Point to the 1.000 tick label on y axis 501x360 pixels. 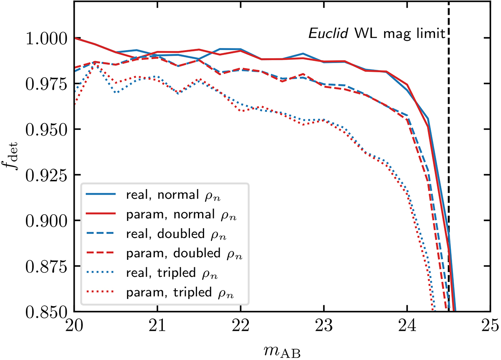[44, 38]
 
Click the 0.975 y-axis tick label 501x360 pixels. [44, 84]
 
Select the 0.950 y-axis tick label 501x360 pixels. [44, 129]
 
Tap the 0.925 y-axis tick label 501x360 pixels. [44, 175]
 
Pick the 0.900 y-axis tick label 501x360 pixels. [44, 221]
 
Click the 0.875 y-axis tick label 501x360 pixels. [44, 266]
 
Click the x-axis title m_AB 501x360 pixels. [282, 349]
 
